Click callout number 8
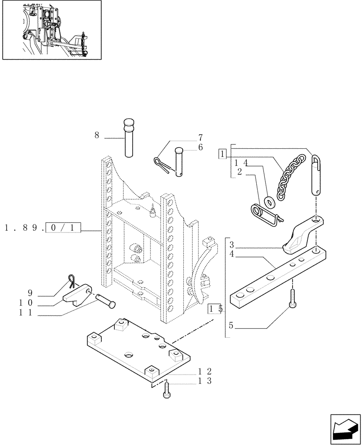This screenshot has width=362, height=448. (96, 134)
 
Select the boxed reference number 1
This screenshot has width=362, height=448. (223, 154)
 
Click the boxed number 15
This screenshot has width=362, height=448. (215, 309)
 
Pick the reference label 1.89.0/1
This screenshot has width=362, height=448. (43, 228)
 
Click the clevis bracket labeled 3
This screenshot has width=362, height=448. (302, 233)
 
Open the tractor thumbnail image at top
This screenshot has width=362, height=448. (52, 30)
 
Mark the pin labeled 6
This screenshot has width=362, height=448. (179, 161)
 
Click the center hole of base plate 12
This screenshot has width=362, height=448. (129, 355)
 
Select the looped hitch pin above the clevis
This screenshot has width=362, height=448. (316, 175)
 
